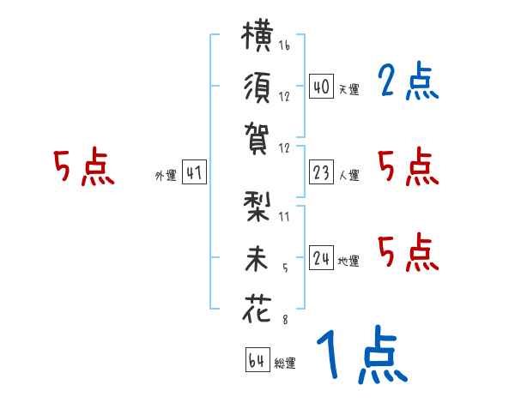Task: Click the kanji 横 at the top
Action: [x=257, y=35]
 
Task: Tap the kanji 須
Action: [x=257, y=87]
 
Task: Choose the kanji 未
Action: [x=257, y=259]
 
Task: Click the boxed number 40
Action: [x=321, y=86]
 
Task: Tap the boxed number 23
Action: [x=321, y=171]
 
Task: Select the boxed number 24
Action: [x=321, y=257]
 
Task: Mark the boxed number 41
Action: [x=194, y=171]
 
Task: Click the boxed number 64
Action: [x=257, y=359]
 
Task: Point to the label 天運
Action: [x=349, y=89]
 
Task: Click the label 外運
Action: [x=166, y=175]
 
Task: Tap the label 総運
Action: [x=285, y=363]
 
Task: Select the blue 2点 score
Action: [x=409, y=81]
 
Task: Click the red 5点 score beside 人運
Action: [x=409, y=166]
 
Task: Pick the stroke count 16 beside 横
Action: [x=284, y=45]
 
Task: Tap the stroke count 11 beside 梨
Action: [x=284, y=217]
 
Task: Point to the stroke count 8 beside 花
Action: [x=285, y=320]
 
